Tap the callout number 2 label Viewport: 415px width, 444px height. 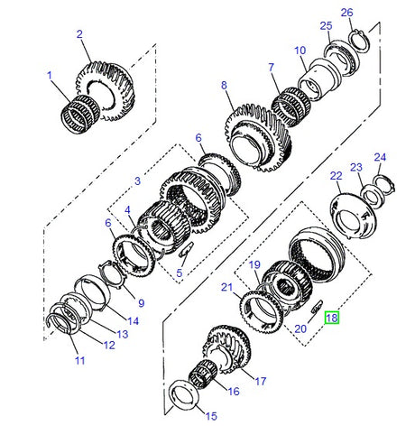coord(79,34)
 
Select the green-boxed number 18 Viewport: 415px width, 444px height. coord(332,318)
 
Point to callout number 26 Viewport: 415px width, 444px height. coord(346,12)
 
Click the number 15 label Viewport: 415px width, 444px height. coord(211,416)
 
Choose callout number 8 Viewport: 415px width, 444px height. coord(225,86)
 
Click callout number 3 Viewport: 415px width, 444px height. coord(137,181)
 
